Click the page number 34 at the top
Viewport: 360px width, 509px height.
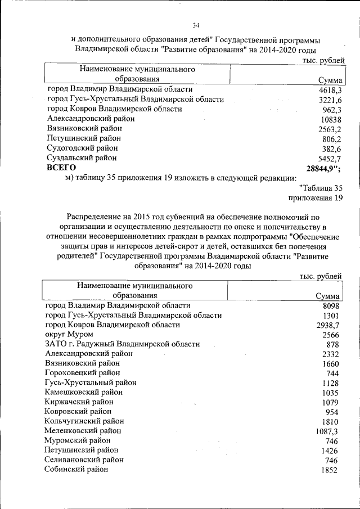[x=196, y=25]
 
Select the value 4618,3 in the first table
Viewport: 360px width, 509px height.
[x=331, y=90]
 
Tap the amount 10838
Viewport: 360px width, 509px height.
[x=331, y=119]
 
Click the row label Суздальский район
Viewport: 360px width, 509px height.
[x=83, y=158]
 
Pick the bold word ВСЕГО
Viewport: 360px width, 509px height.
[x=61, y=168]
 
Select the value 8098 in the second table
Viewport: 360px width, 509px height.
[x=328, y=305]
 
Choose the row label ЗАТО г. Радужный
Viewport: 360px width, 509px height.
[x=122, y=344]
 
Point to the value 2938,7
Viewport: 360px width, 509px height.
[x=327, y=325]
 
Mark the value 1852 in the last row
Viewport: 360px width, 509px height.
[x=328, y=470]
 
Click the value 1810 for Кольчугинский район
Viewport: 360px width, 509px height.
[x=328, y=421]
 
